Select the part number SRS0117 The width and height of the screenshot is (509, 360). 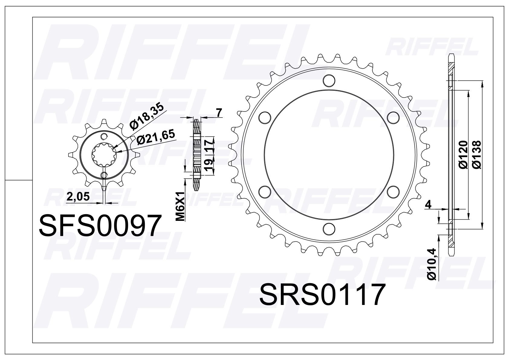click(x=322, y=294)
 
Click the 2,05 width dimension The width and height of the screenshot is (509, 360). click(x=78, y=197)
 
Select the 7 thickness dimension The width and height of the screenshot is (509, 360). click(x=219, y=113)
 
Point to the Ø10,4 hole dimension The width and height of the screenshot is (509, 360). click(x=431, y=264)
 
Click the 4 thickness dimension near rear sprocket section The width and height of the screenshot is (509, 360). click(x=428, y=205)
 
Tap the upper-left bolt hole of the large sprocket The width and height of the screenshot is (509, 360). click(x=265, y=117)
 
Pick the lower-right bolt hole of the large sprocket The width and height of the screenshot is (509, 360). click(x=393, y=191)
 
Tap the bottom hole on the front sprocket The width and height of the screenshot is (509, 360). click(x=104, y=175)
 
